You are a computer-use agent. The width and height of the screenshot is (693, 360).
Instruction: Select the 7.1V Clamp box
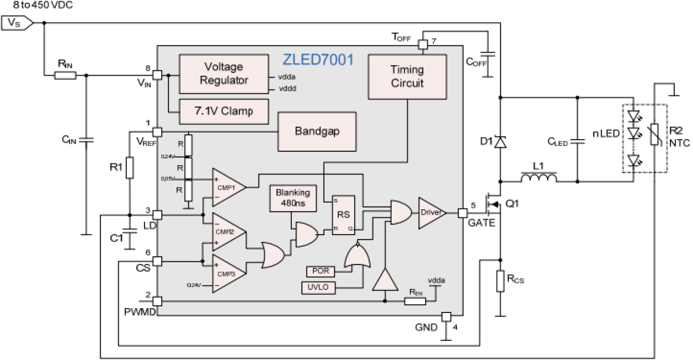[x=223, y=110]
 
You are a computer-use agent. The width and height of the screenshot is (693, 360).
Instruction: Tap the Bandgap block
[x=317, y=131]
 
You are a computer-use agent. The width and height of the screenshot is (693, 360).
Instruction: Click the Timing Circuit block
[x=407, y=76]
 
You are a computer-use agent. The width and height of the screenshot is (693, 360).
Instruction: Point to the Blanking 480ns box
[x=293, y=198]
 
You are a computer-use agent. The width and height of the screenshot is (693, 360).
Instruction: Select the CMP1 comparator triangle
[x=227, y=187]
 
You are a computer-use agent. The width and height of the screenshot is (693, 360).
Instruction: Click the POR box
[x=320, y=271]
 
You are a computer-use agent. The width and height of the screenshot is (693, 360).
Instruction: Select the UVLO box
[x=318, y=287]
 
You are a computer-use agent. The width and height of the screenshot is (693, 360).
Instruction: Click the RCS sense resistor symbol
[x=500, y=280]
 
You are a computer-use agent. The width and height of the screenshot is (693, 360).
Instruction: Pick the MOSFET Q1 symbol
[x=492, y=205]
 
